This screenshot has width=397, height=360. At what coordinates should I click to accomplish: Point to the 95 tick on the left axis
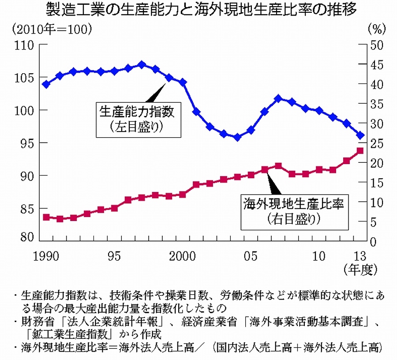coord(25,143)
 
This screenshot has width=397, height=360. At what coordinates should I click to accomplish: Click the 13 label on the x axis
coord(361,256)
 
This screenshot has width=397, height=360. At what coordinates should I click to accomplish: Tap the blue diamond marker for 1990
coord(46,84)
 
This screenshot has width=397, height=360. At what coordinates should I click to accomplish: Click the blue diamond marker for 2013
coord(360,135)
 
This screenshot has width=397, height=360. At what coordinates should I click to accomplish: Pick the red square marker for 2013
coord(360,151)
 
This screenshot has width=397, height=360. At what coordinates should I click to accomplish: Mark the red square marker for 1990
coord(46,217)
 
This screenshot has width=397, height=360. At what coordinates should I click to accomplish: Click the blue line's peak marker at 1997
coord(142,64)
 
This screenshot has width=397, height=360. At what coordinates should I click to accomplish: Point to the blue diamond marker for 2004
coord(237,138)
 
